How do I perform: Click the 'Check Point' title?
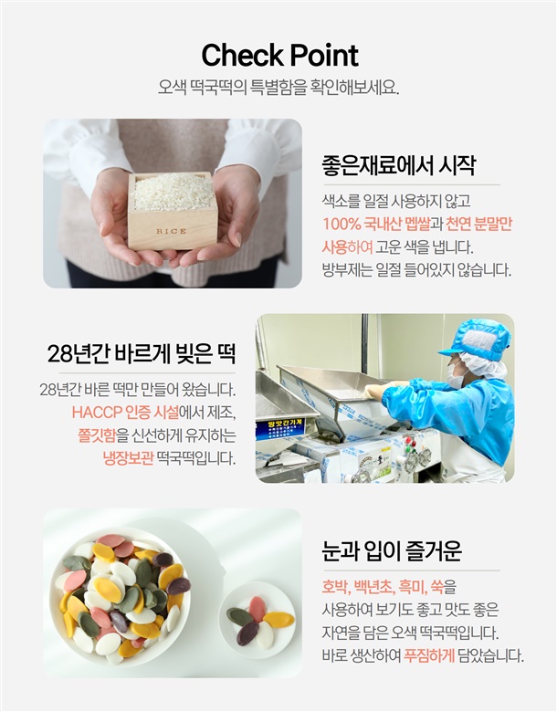coord(279,56)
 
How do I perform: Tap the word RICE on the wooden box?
coord(172,231)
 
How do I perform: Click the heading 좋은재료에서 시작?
coord(398,165)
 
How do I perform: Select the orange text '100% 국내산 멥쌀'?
coord(376,224)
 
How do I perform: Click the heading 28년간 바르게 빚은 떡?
coord(142,354)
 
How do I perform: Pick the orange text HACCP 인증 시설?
coord(125,413)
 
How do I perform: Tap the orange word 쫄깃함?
coord(97,435)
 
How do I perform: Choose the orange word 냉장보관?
coord(128,458)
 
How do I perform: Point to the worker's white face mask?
coord(457,376)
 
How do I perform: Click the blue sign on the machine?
coord(281,430)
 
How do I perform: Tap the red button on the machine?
coord(407,440)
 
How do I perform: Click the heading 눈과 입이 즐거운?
coord(392,550)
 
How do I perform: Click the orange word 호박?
coord(335,587)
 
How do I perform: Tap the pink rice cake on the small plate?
coord(257,610)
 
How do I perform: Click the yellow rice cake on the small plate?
coord(278,619)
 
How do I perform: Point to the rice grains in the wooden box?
coord(173,192)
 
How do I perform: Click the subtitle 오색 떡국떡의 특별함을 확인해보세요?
coord(278,88)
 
